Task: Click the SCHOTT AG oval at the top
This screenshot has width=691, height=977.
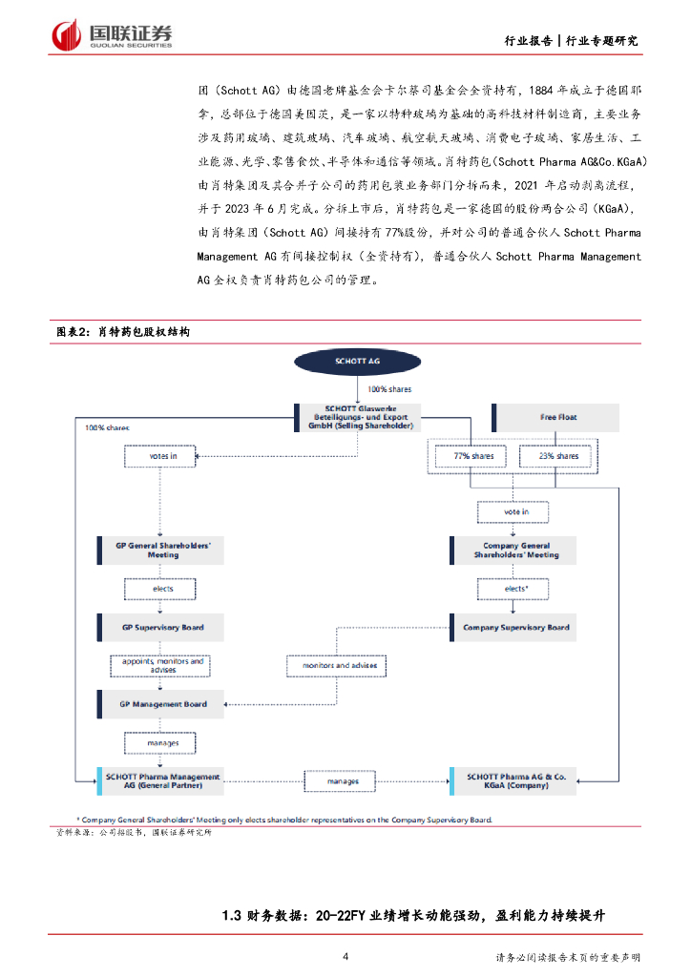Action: pos(359,363)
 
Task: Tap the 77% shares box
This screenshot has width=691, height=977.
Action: pos(473,456)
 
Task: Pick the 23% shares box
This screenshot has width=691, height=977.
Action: pos(558,456)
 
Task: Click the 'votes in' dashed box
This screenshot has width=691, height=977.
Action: pos(163,456)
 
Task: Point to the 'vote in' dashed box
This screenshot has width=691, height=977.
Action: pos(516,511)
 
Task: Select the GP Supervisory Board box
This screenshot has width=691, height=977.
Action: pos(163,627)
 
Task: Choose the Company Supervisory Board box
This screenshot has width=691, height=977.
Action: pos(516,627)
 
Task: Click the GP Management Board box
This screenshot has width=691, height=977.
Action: pos(163,704)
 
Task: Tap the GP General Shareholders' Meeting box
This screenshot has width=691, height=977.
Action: pos(163,550)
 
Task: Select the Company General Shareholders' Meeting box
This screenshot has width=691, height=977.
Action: pos(516,550)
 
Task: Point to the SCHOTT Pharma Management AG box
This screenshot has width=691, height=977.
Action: pos(163,781)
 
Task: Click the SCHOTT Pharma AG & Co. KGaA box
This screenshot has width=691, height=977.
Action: pos(516,781)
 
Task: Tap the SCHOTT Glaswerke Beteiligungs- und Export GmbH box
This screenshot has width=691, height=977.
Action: pos(359,417)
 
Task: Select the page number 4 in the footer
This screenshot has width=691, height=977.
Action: pos(345,956)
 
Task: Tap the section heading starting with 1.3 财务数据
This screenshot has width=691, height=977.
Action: pos(412,915)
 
